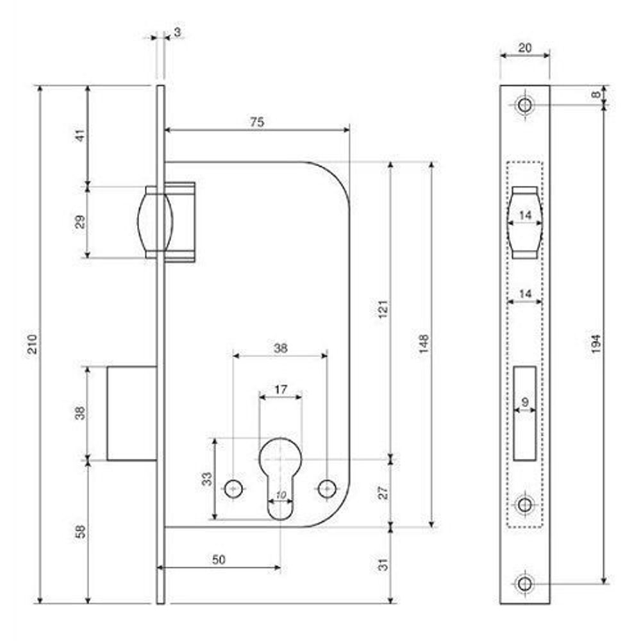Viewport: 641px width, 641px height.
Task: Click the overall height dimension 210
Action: [x=33, y=344]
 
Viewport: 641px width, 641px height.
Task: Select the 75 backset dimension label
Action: [x=257, y=122]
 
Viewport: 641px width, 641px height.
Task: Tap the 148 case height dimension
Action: [x=424, y=344]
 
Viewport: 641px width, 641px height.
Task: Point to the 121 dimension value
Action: [x=383, y=310]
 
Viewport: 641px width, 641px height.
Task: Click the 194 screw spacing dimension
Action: [x=596, y=344]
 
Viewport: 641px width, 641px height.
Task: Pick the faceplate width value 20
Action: [x=525, y=48]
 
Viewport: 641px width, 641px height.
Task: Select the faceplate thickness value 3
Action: [x=178, y=32]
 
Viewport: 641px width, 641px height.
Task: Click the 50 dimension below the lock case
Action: [x=219, y=559]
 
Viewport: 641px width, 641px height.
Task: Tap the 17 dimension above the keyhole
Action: [x=281, y=390]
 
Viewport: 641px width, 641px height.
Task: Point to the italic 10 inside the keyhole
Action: [x=281, y=495]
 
